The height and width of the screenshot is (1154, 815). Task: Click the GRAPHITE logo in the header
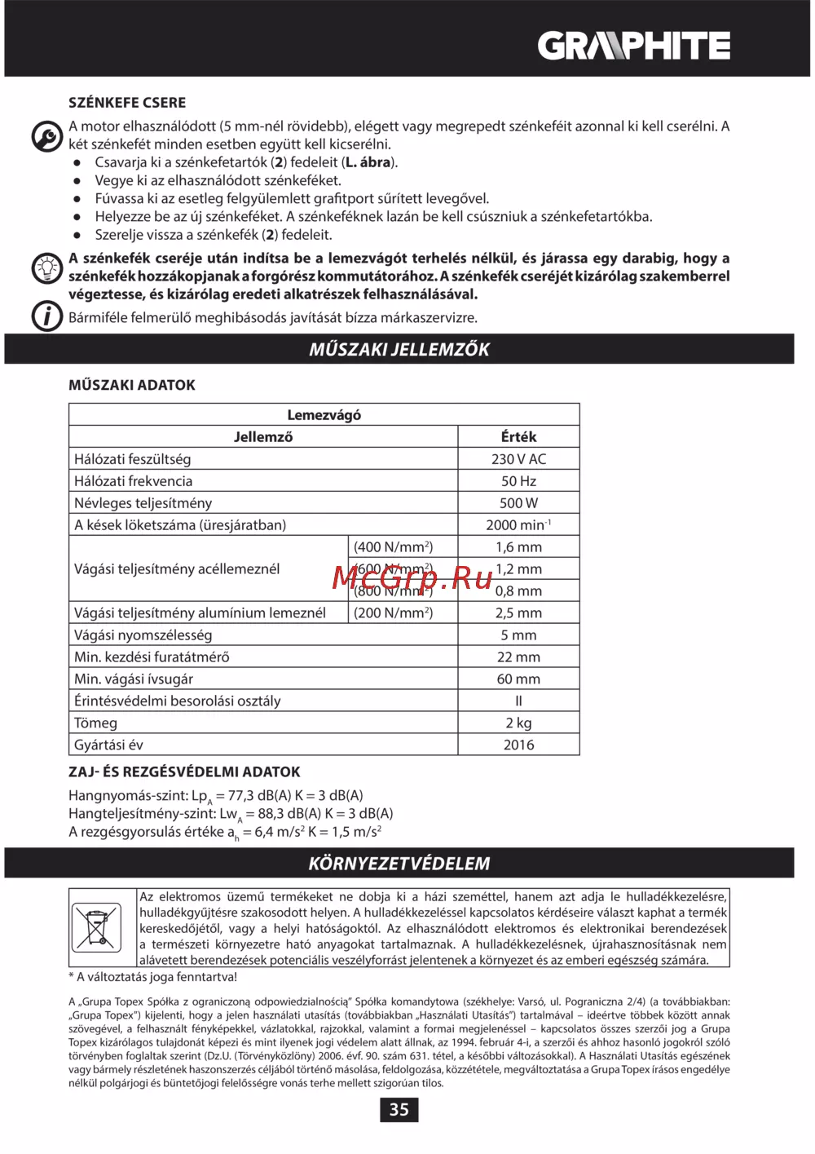click(633, 46)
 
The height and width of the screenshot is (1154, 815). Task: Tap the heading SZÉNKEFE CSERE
click(127, 103)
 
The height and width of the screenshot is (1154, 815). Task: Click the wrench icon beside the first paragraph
click(47, 136)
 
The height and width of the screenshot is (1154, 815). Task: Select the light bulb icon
click(47, 267)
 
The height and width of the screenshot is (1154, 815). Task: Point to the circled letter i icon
click(47, 316)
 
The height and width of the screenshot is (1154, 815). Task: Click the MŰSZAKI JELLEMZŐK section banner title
click(399, 349)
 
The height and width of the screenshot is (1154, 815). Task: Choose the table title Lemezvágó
click(324, 414)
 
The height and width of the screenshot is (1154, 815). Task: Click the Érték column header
click(518, 436)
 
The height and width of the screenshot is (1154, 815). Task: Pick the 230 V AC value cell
click(518, 458)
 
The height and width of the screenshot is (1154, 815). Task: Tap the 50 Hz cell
click(518, 480)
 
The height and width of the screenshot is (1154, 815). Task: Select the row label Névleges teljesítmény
click(143, 502)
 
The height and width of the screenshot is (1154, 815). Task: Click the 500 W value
click(518, 502)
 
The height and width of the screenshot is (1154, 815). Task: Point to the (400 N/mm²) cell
click(393, 546)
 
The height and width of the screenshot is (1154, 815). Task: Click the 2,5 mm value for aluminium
click(518, 612)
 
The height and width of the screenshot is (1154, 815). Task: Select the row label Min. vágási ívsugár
click(134, 679)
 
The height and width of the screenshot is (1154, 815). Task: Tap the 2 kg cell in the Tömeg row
click(518, 723)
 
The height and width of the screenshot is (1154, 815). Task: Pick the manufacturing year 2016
click(518, 745)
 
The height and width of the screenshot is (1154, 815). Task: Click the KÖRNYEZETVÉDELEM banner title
click(399, 863)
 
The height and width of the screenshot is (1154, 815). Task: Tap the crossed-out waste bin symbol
click(96, 927)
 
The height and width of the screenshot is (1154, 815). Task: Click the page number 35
click(399, 1109)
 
